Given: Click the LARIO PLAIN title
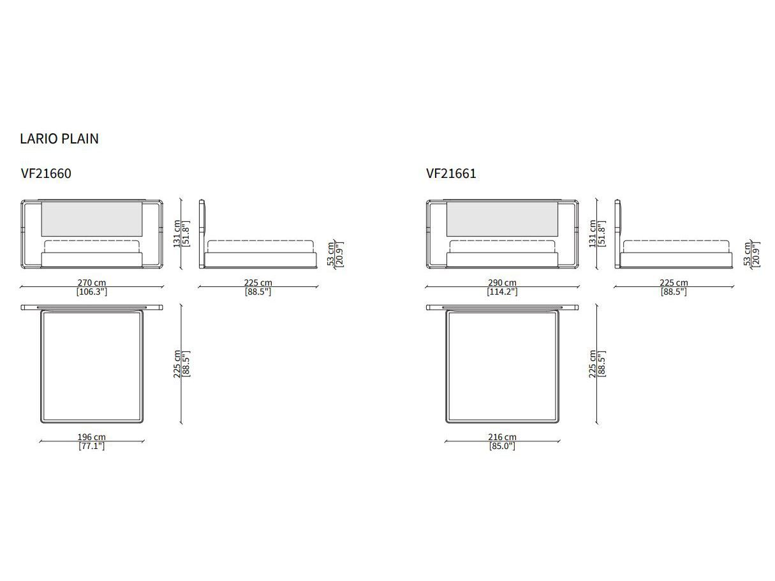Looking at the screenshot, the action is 59,138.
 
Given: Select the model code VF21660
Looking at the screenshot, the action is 47,173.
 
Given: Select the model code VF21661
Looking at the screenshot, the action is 451,173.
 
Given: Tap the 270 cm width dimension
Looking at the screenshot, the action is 92,283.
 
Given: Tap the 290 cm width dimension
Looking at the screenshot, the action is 502,283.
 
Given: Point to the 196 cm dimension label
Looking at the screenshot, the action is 92,437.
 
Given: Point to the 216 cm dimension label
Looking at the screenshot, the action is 502,437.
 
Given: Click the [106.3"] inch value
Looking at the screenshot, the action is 92,291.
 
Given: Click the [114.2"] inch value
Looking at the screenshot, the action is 502,291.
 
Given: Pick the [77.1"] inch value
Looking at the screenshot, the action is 92,446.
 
